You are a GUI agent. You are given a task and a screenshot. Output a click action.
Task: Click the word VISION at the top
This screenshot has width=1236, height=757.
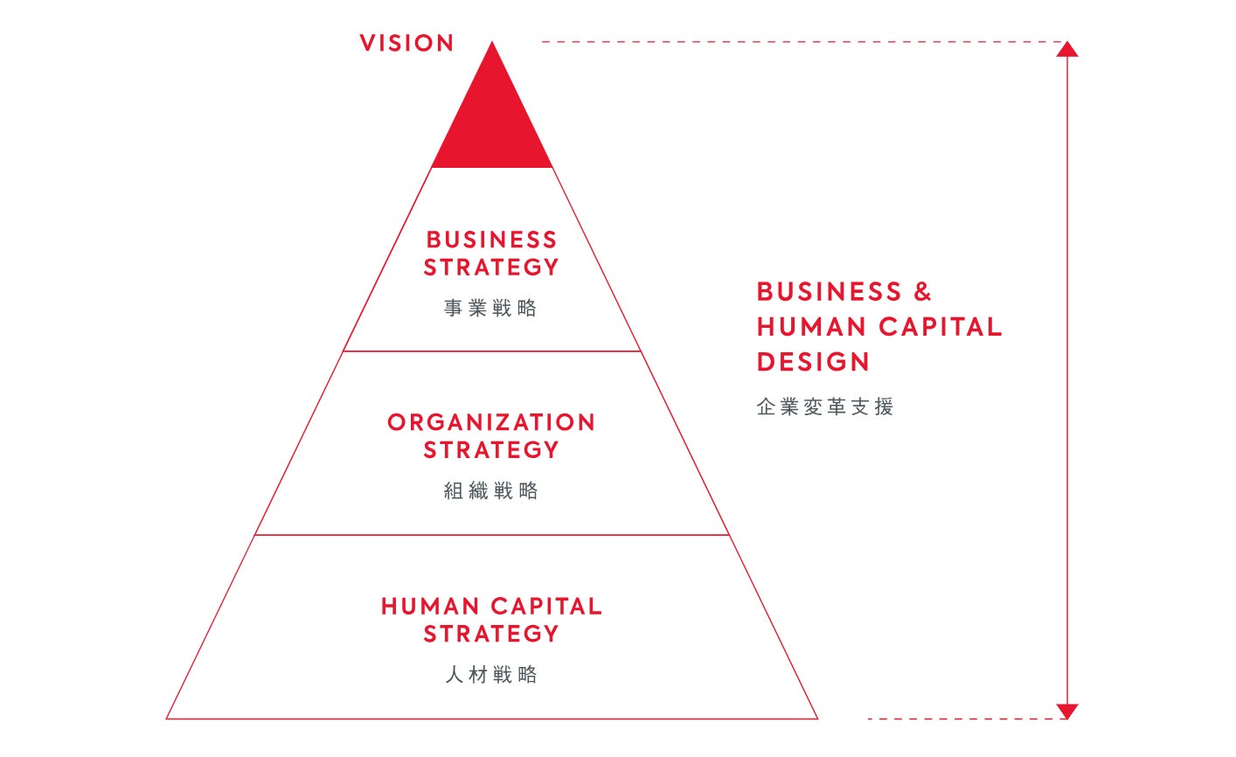tap(406, 43)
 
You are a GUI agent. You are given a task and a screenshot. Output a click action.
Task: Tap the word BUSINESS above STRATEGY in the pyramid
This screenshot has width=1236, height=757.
tap(491, 240)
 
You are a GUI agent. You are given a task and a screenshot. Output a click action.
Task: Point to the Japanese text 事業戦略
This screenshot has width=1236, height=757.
tap(490, 308)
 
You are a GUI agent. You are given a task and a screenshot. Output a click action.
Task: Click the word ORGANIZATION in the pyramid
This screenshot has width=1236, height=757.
tap(491, 422)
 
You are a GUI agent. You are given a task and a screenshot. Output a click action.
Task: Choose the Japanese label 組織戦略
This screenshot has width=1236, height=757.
tap(490, 490)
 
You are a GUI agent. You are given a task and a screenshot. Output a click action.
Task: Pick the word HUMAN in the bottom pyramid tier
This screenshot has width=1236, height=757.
tap(430, 607)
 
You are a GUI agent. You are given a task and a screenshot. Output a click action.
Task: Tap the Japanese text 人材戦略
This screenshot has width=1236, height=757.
tap(490, 674)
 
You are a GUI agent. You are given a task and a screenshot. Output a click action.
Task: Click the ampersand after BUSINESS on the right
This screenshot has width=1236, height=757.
tap(922, 292)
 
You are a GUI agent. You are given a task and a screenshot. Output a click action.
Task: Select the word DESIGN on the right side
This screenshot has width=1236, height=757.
tap(813, 362)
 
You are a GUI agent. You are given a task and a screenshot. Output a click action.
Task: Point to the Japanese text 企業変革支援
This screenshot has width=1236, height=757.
tap(824, 406)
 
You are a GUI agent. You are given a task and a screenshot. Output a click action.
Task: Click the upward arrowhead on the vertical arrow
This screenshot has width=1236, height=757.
tap(1066, 49)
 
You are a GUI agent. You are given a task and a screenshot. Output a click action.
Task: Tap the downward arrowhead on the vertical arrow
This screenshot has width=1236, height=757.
tap(1066, 711)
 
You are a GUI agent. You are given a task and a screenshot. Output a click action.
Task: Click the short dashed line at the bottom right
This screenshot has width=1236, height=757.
tap(962, 719)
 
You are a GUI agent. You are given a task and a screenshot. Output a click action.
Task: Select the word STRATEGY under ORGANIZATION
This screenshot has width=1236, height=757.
tap(491, 450)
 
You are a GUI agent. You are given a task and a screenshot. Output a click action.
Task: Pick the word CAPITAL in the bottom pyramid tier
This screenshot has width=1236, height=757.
tap(546, 607)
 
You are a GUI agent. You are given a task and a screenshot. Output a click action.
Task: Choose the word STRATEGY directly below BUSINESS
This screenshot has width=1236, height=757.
tap(491, 267)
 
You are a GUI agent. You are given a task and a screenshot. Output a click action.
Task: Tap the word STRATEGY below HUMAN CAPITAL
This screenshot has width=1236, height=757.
tap(491, 634)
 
